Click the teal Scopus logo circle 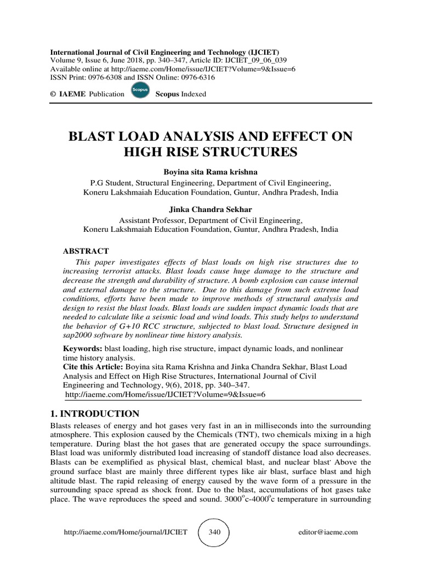pyautogui.click(x=140, y=94)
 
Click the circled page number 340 pyautogui.click(x=214, y=532)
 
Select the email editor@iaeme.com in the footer pyautogui.click(x=328, y=532)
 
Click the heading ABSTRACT pyautogui.click(x=86, y=251)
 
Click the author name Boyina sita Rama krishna pyautogui.click(x=210, y=172)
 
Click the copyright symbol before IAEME pyautogui.click(x=53, y=94)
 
